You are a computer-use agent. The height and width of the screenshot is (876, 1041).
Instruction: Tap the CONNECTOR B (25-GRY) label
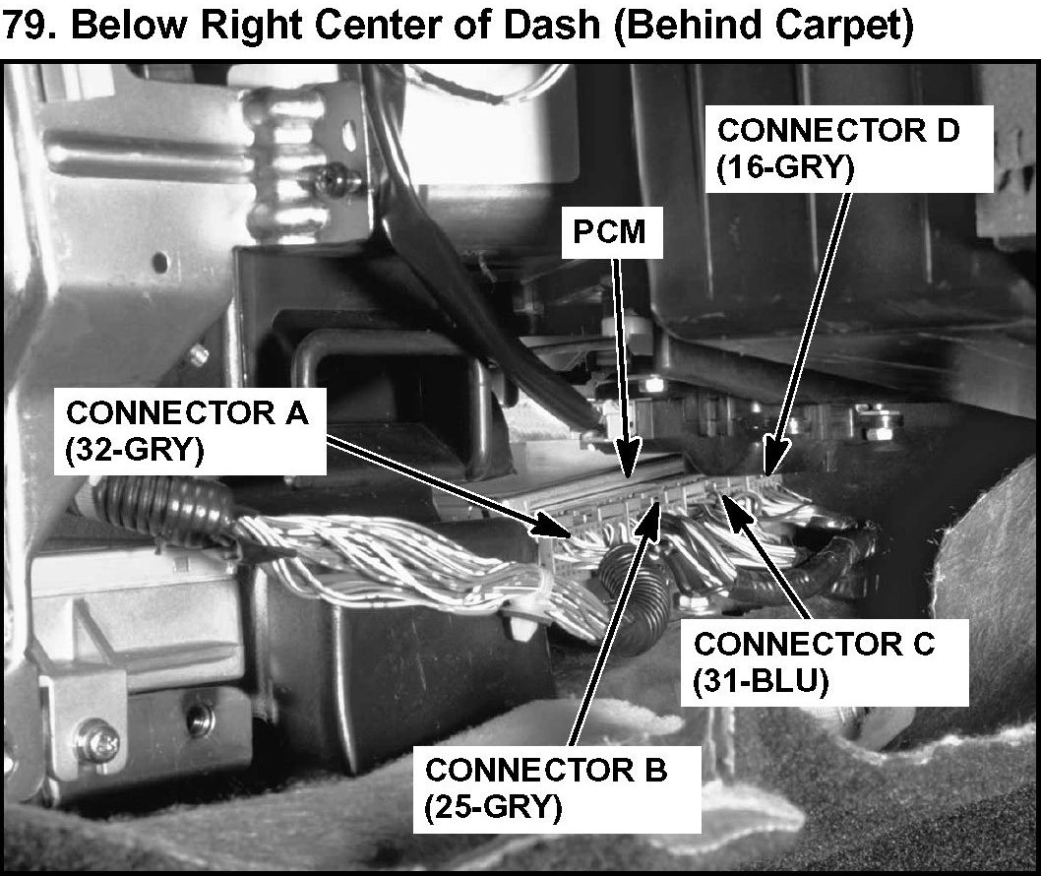pos(546,786)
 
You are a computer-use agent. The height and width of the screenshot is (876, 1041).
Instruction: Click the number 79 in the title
pos(29,27)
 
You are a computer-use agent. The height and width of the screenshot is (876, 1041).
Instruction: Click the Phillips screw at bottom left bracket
pos(97,734)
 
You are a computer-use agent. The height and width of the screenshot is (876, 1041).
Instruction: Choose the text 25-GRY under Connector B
pos(493,806)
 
